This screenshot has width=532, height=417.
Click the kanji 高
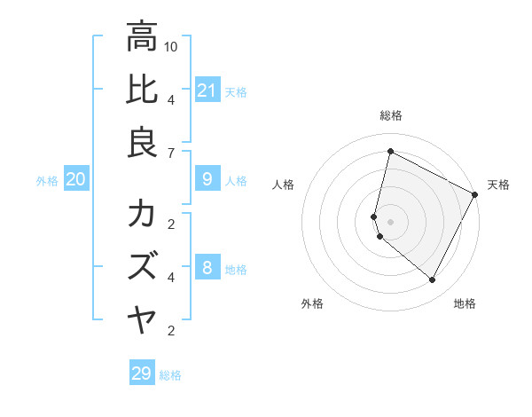pyautogui.click(x=142, y=37)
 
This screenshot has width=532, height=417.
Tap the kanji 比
pyautogui.click(x=142, y=90)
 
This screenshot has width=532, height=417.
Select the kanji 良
pyautogui.click(x=142, y=143)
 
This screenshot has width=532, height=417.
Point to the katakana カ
pyautogui.click(x=142, y=215)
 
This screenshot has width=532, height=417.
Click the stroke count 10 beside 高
pyautogui.click(x=171, y=45)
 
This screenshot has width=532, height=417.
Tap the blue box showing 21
pyautogui.click(x=207, y=90)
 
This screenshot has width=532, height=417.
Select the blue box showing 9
pyautogui.click(x=207, y=180)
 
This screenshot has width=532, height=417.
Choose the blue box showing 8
pyautogui.click(x=207, y=268)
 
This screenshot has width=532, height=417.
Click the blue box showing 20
pyautogui.click(x=75, y=180)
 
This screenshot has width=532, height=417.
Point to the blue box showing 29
pyautogui.click(x=141, y=374)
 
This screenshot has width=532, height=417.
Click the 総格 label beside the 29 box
pyautogui.click(x=170, y=375)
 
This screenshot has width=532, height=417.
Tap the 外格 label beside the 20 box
pyautogui.click(x=47, y=181)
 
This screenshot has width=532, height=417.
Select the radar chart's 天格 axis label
pyautogui.click(x=498, y=185)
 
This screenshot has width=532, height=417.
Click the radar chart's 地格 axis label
pyautogui.click(x=465, y=303)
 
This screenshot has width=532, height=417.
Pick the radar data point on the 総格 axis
pyautogui.click(x=390, y=152)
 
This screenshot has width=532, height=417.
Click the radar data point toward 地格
pyautogui.click(x=433, y=279)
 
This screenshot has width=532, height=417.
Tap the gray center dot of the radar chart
pyautogui.click(x=390, y=221)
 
